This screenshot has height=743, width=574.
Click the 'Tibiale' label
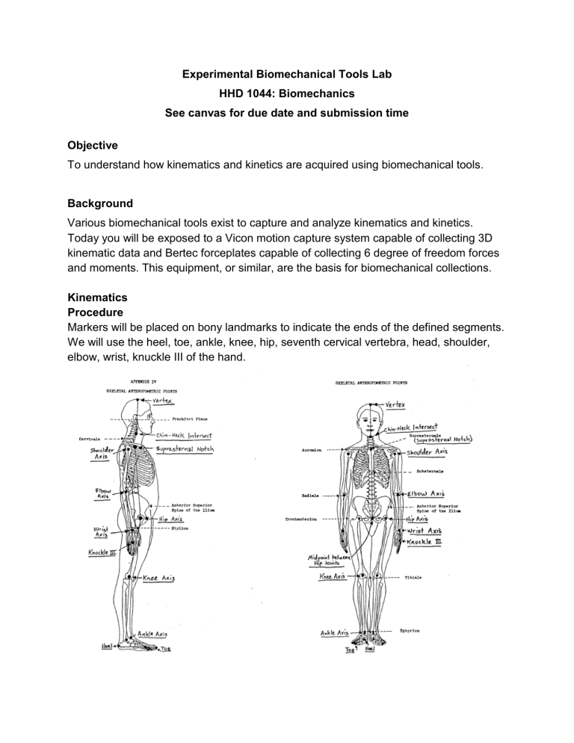[416, 577]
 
